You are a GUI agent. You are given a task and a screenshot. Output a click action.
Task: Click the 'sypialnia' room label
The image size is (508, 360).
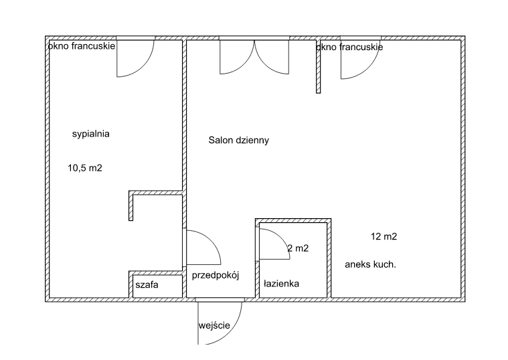[x=91, y=134]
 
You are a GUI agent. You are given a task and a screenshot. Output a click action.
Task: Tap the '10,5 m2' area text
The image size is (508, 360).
[x=85, y=168]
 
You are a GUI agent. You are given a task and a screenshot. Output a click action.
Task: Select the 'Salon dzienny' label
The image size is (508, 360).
[x=239, y=140]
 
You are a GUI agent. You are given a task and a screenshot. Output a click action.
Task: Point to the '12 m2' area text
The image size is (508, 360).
[x=384, y=236]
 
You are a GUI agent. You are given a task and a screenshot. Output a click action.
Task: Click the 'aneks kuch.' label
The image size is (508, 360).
[x=370, y=264]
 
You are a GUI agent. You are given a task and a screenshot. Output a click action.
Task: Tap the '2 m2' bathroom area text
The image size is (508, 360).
[x=298, y=248]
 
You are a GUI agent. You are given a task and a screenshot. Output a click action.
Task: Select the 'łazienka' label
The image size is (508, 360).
[x=281, y=284]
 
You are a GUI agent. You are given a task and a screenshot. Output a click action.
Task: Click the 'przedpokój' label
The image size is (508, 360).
[x=216, y=275]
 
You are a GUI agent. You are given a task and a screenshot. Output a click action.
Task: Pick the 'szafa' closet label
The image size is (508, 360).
[x=147, y=285]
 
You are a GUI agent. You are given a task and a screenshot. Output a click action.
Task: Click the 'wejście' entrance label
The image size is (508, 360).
[x=214, y=325]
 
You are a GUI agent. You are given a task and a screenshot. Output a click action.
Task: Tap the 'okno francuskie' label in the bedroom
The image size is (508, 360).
[x=82, y=46]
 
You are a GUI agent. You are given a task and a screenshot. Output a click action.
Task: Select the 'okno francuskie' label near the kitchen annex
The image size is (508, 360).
[x=349, y=47]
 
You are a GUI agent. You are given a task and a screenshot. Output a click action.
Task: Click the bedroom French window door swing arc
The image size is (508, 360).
[x=143, y=67]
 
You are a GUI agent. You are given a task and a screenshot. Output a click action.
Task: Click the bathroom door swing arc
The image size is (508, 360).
[x=281, y=237]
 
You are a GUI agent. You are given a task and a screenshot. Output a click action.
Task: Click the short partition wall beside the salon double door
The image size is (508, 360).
[x=318, y=66]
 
